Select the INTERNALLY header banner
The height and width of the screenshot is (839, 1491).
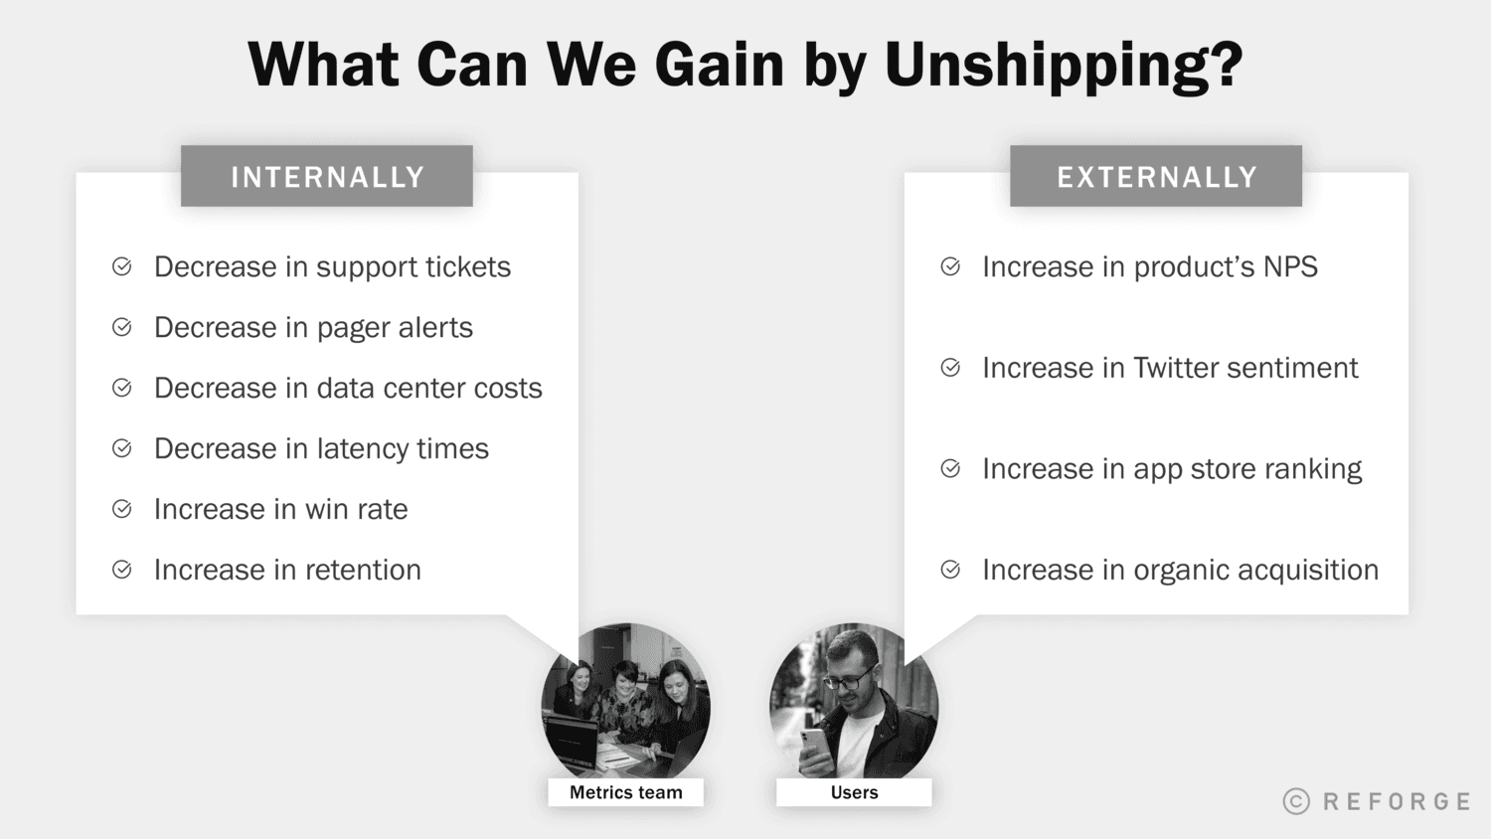point(327,177)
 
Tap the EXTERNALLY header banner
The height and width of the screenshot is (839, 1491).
point(1156,177)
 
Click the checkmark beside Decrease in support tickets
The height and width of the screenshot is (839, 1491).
point(122,266)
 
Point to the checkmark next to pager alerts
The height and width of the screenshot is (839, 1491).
point(122,327)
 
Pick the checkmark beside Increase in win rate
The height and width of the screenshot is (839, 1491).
point(122,509)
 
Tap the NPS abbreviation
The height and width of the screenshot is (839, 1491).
point(1290,267)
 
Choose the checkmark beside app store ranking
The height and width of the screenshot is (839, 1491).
point(950,468)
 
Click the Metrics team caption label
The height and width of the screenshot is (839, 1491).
point(626,792)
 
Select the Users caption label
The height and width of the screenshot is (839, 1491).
point(854,792)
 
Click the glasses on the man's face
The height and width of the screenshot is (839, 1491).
point(848,681)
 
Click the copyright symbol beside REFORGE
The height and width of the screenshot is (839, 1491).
point(1296,801)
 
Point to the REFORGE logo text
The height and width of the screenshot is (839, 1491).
point(1397,801)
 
